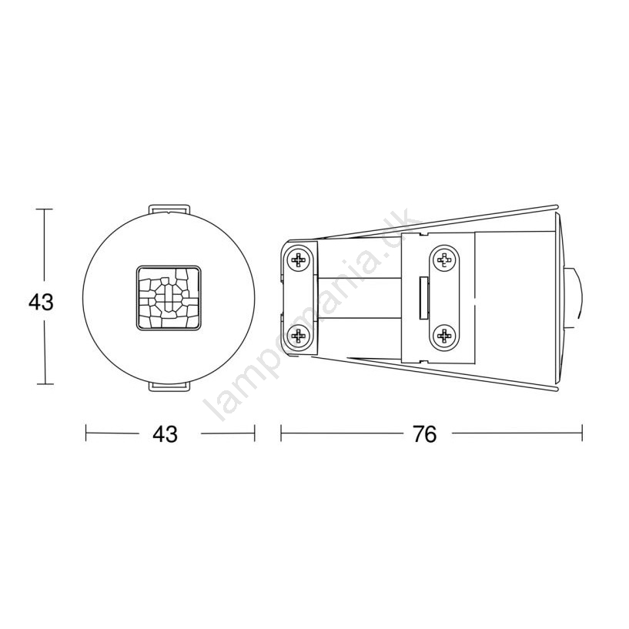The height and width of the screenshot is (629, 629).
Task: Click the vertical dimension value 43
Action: (x=41, y=302)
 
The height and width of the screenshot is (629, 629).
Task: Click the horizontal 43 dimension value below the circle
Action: (x=165, y=433)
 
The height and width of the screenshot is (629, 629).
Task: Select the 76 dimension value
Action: (x=425, y=433)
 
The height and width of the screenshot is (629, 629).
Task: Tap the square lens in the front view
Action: (x=169, y=298)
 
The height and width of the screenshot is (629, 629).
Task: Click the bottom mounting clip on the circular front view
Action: (x=169, y=386)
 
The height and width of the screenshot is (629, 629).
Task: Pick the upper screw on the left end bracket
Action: (x=299, y=260)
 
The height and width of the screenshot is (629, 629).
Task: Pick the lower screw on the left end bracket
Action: (x=299, y=336)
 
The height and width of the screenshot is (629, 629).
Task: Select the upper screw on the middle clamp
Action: (x=443, y=260)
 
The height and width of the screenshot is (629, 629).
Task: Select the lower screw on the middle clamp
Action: (x=443, y=335)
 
